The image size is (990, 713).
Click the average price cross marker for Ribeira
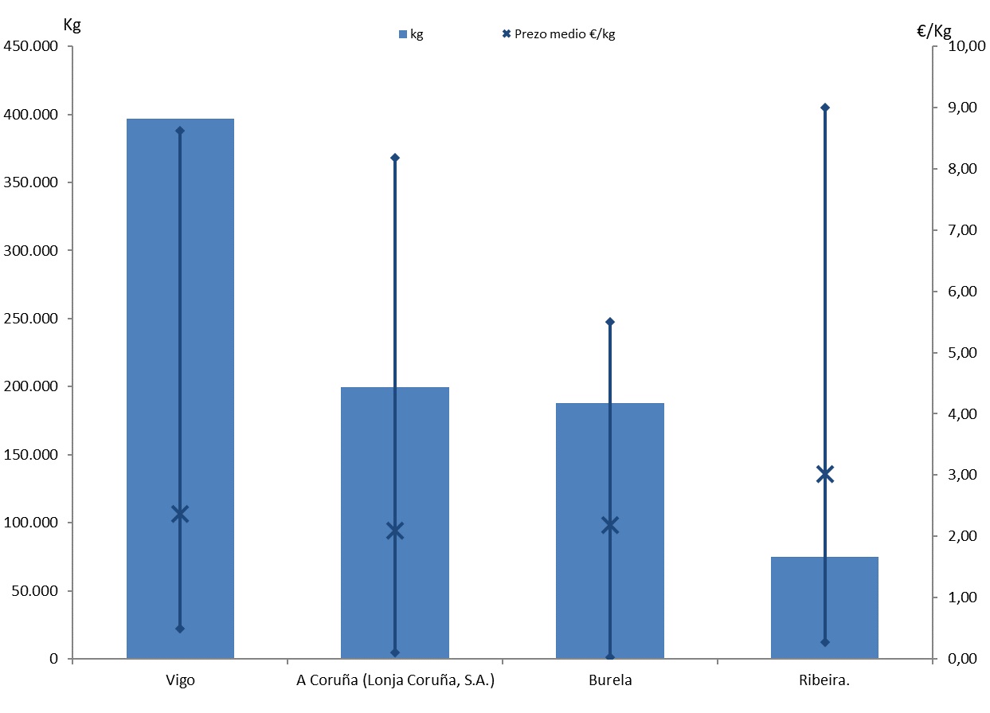824,475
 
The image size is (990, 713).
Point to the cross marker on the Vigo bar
180,514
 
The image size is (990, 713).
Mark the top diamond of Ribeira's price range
824,108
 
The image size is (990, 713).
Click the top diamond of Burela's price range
610,322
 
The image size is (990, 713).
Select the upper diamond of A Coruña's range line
395,158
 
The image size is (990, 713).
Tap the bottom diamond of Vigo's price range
180,629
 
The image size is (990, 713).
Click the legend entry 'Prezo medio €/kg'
558,34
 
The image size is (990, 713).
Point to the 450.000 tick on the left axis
31,46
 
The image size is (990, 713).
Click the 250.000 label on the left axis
31,319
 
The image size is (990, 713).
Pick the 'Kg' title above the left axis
72,24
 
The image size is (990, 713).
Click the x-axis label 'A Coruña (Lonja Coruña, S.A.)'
395,680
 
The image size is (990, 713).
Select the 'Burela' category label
610,680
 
